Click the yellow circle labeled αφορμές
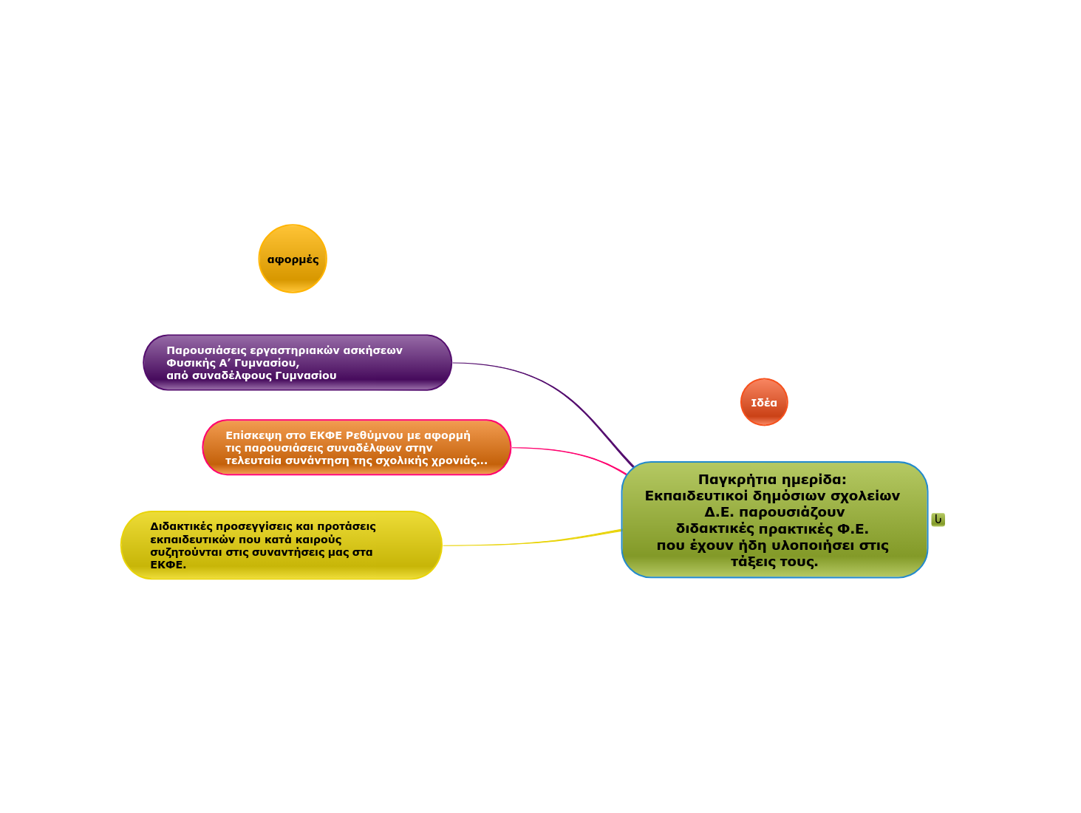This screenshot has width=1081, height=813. point(293,259)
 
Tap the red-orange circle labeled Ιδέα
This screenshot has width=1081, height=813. point(764,402)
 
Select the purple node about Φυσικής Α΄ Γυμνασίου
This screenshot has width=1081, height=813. point(297,362)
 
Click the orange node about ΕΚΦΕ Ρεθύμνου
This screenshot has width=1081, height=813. point(356,447)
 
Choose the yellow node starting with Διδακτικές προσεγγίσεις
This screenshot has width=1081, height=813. point(281,545)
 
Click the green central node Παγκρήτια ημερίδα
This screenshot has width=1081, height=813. point(774,520)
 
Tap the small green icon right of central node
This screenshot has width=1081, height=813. point(938,520)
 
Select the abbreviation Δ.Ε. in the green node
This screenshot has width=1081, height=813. point(719,512)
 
